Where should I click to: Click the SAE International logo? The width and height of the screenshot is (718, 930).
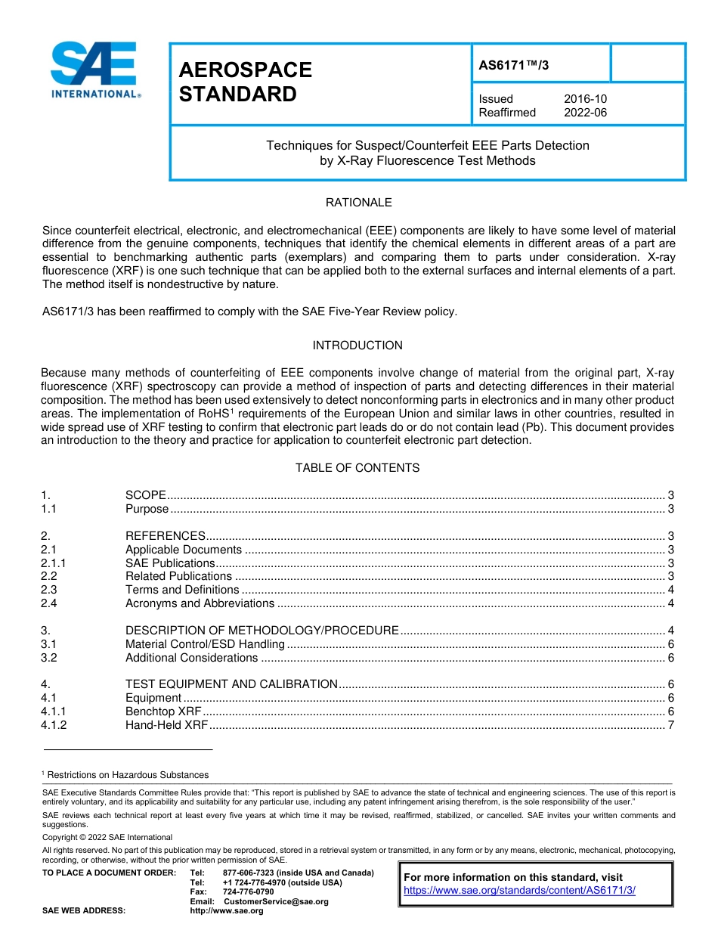94,70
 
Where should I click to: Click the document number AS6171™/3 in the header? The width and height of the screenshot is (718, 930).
514,65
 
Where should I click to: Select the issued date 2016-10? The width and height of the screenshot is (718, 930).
585,99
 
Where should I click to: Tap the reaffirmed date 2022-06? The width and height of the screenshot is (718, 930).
585,113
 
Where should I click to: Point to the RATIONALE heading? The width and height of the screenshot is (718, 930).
358,203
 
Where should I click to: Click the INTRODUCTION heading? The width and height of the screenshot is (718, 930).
357,346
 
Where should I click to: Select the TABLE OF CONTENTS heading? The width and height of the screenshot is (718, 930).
357,468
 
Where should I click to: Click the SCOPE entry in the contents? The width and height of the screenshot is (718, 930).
145,495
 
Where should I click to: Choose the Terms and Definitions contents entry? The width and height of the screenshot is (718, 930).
182,590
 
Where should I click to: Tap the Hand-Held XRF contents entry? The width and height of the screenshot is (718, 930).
166,725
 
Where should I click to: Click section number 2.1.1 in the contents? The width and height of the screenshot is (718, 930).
54,563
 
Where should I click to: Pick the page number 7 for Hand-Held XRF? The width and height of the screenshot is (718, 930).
671,725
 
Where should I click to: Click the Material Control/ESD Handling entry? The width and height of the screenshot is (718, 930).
205,644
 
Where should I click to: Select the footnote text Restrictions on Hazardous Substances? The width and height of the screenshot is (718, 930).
128,775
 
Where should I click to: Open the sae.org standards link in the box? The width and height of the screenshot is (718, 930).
519,890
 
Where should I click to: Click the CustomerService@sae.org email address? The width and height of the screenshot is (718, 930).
277,901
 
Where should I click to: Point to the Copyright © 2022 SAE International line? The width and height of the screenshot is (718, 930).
107,837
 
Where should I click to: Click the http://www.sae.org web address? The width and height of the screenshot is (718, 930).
227,911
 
